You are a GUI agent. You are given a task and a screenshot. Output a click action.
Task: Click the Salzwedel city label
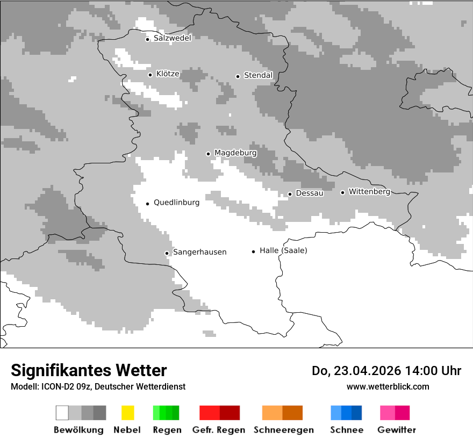tap(172, 38)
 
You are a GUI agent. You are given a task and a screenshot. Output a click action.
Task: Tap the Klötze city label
tap(168, 74)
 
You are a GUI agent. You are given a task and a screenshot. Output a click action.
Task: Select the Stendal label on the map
tap(258, 75)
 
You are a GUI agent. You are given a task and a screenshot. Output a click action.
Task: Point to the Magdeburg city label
tap(235, 153)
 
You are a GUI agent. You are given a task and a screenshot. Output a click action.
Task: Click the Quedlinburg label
tap(176, 203)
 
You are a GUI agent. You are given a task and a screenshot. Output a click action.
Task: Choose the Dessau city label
tap(310, 193)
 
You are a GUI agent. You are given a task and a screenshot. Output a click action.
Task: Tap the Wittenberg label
tap(369, 191)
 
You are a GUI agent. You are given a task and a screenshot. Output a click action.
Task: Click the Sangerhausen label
tap(199, 252)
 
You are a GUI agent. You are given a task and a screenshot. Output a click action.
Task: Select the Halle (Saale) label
tap(283, 250)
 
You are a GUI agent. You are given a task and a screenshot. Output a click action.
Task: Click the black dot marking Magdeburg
tap(208, 154)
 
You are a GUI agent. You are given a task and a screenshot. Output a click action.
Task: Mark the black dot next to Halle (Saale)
tap(253, 251)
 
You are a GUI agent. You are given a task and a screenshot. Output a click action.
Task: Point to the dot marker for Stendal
tap(238, 76)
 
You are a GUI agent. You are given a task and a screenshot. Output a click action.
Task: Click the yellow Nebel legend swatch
tap(127, 413)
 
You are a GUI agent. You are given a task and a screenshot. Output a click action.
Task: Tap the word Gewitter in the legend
tap(396, 430)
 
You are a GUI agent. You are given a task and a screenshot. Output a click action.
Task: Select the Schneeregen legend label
tap(283, 430)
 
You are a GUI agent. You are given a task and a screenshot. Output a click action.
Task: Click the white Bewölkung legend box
tap(62, 413)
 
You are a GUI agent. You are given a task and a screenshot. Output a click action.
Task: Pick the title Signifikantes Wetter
tap(89, 370)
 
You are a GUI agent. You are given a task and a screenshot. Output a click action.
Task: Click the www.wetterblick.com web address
tap(388, 386)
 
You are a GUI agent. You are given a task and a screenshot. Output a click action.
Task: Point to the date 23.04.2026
tap(364, 371)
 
